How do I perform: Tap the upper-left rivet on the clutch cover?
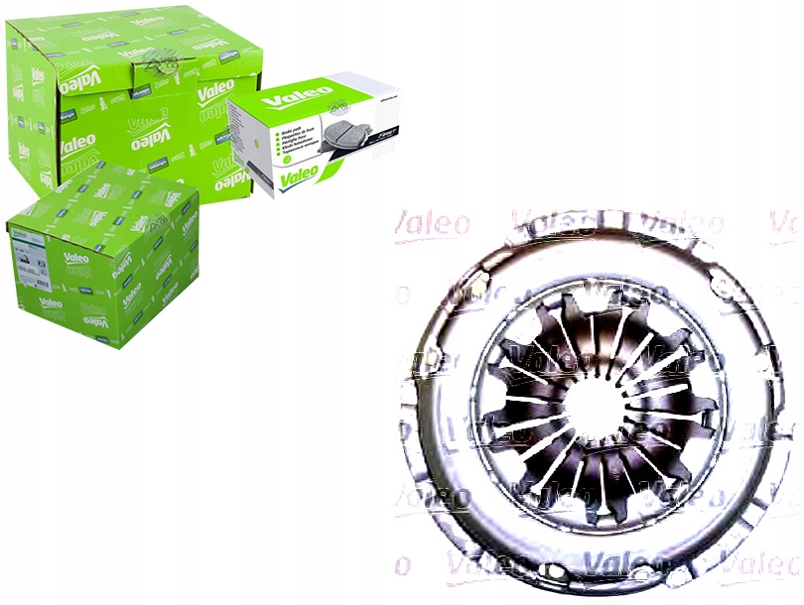click(474, 288)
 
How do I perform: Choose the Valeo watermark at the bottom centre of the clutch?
click(596, 565)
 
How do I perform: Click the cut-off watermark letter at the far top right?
click(784, 226)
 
